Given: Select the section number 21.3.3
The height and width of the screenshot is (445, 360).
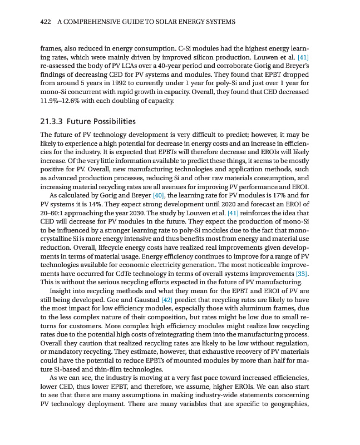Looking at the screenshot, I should [x=53, y=121].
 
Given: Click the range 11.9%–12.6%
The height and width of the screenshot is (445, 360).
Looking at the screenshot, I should [x=62, y=101].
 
